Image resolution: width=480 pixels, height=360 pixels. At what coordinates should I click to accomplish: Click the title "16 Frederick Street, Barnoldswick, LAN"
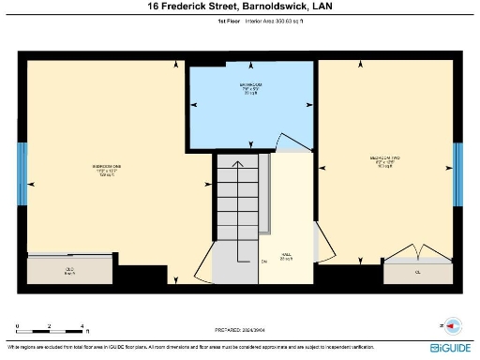(x=240, y=7)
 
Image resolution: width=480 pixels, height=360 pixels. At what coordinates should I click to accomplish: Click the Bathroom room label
(x=250, y=89)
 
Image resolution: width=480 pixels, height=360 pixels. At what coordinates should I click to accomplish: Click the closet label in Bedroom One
(x=68, y=271)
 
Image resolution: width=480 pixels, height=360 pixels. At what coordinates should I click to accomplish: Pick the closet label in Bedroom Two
(x=418, y=271)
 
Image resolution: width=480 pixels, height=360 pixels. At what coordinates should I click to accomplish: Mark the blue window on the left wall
(x=22, y=173)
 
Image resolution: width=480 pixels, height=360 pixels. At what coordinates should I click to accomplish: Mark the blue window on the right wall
(x=457, y=173)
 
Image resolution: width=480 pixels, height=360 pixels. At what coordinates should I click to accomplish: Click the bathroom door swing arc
(x=292, y=143)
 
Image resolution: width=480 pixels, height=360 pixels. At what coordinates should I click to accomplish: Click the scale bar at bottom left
(x=52, y=330)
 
